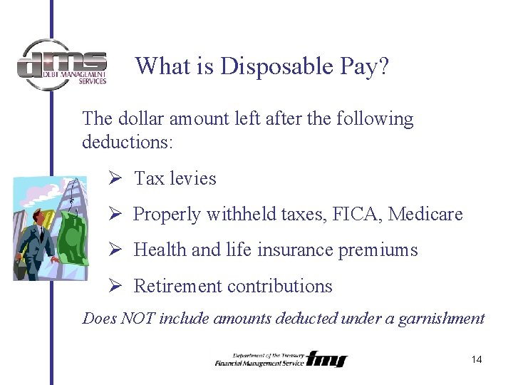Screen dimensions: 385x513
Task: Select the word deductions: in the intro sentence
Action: pyautogui.click(x=128, y=141)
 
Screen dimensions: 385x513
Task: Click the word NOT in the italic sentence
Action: pyautogui.click(x=138, y=319)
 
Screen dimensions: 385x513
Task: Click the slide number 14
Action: pyautogui.click(x=477, y=359)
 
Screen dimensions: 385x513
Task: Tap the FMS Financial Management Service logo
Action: pyautogui.click(x=281, y=359)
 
